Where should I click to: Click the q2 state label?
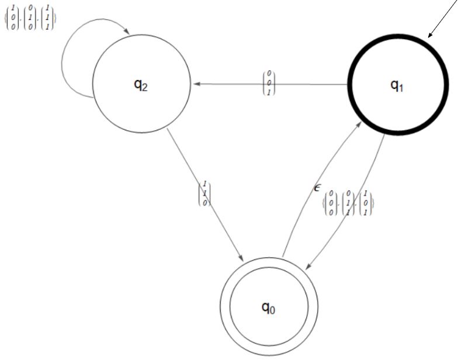coord(141,85)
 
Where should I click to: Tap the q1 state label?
coord(397,85)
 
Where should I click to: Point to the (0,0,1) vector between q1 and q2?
coord(269,83)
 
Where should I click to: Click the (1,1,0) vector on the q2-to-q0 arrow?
coord(204,193)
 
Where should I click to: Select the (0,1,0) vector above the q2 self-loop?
coord(30,18)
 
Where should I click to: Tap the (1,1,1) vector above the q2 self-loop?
coord(48,18)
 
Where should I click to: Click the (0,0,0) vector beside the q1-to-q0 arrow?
coord(331,203)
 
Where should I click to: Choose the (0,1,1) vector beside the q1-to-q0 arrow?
coord(348,203)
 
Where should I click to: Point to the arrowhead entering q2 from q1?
coord(197,84)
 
